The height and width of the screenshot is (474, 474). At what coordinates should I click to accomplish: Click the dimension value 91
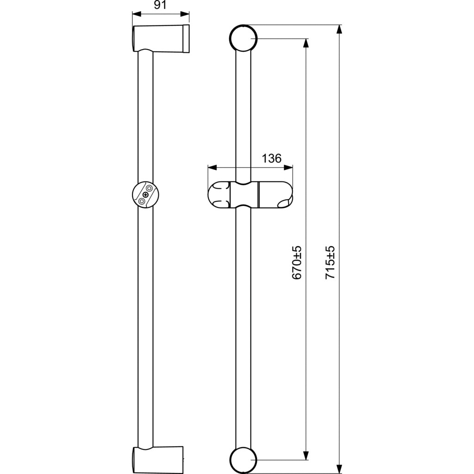coord(160,5)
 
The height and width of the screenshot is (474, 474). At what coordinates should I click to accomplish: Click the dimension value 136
coord(271,158)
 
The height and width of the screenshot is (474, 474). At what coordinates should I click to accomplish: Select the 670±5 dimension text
coord(297,262)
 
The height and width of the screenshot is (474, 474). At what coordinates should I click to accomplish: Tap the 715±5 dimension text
coord(330,262)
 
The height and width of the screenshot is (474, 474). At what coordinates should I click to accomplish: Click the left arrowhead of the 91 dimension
coord(137,14)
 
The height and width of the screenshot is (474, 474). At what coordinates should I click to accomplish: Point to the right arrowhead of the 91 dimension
coord(185,14)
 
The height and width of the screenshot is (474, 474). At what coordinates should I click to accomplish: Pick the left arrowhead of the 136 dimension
coord(212,168)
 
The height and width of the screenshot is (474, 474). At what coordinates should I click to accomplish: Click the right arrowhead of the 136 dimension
coord(288,168)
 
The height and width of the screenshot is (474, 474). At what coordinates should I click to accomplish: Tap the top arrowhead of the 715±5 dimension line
coord(339,29)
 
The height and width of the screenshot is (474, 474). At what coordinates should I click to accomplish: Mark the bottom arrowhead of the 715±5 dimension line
coord(339,469)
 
